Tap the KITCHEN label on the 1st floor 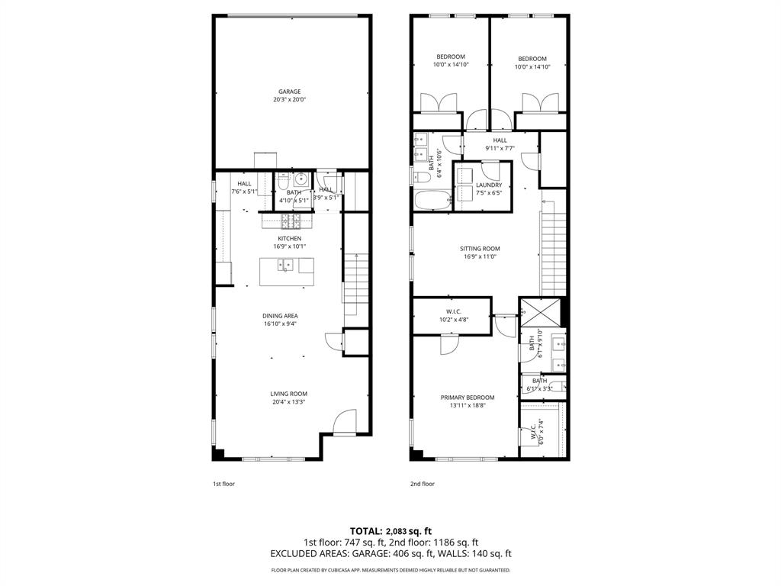pos(289,239)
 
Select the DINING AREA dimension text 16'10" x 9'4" pos(280,324)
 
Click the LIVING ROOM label pos(288,394)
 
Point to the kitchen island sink pos(287,266)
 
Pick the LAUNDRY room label pos(489,185)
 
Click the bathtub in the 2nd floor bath pos(432,201)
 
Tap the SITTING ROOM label pos(480,249)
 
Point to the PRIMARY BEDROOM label pos(468,398)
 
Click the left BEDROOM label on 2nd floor pos(450,57)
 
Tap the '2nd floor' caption pos(422,484)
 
